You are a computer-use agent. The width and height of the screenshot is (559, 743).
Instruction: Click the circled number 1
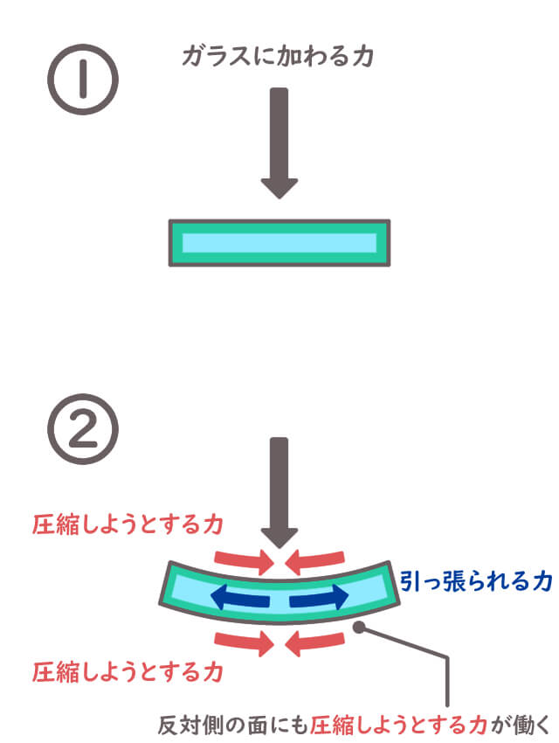tap(81, 81)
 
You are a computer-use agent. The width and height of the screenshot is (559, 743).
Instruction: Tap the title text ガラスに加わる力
tap(279, 58)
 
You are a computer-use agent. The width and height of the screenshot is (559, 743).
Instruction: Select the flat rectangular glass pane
tap(279, 242)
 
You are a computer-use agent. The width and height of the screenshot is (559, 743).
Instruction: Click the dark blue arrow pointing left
tap(239, 599)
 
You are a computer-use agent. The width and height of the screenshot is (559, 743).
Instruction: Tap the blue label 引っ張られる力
tap(476, 581)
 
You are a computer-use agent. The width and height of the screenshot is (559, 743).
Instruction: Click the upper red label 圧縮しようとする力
tap(128, 524)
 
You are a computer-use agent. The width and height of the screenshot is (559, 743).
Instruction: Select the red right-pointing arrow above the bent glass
tap(244, 558)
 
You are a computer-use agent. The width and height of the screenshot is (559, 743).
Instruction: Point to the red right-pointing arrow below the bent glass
tap(244, 644)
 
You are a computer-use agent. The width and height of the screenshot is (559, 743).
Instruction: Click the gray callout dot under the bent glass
tap(359, 627)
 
